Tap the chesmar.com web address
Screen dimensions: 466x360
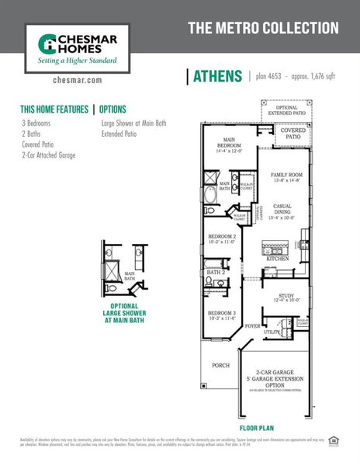pos(78,80)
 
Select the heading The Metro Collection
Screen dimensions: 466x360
pos(263,28)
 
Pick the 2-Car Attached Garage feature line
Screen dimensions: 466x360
pos(49,155)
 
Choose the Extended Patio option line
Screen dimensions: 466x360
pos(119,134)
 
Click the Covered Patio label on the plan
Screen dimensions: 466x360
pos(292,133)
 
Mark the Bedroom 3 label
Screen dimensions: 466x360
pos(222,315)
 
